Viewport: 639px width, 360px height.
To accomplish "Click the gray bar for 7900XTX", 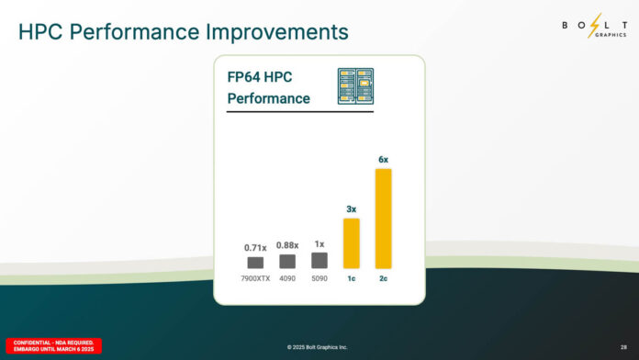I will pos(255,263).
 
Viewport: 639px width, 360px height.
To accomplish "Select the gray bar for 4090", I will pos(287,262).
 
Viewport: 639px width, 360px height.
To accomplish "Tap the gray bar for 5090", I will pos(319,261).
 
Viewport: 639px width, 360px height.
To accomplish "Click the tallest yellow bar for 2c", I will pos(384,219).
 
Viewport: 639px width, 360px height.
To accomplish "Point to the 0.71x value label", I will pos(255,248).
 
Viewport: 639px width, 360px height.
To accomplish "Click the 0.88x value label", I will pos(287,246).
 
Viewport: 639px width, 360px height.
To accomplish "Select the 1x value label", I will pos(319,244).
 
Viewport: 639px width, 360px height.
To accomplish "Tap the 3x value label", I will pos(352,209).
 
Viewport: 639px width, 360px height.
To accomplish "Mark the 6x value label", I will pos(384,160).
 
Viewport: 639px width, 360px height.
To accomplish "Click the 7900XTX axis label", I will pos(255,278).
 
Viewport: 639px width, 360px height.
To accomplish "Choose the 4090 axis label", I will pos(287,278).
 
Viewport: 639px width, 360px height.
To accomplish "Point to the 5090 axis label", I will pos(319,278).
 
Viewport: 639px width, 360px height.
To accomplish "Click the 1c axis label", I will pos(352,278).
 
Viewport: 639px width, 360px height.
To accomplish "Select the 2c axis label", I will pos(384,278).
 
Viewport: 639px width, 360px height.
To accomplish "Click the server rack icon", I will pos(355,85).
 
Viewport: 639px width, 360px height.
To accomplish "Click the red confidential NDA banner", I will pos(53,346).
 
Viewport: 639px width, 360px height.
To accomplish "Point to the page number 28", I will pos(624,347).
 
